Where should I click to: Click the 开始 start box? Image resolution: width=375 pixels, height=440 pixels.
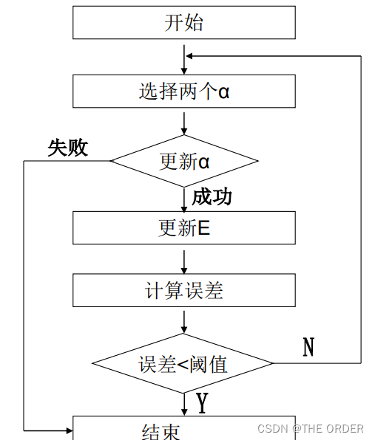pos(183,23)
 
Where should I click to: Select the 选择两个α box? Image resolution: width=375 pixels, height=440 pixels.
pos(183,92)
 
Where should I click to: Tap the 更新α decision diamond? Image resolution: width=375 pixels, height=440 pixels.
pos(183,161)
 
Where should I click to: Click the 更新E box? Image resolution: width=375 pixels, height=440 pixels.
pos(183,228)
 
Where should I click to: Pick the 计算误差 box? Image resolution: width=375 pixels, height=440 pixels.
pos(183,290)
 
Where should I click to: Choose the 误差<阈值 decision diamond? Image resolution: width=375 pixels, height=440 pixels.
pos(183,363)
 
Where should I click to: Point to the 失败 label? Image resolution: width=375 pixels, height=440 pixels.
pos(68,148)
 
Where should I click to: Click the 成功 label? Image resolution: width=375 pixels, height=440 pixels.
pos(212,196)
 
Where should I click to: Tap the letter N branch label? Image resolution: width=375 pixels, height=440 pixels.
pos(308,347)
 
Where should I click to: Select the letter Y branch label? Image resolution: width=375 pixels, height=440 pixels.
pos(201,403)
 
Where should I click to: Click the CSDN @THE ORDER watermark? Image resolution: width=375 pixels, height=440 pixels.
pos(310,429)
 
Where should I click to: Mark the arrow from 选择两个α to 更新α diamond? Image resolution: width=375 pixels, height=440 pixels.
pos(183,121)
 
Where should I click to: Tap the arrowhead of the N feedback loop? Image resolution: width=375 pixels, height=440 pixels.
pos(190,55)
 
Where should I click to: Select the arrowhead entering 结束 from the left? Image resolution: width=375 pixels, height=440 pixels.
pos(68,429)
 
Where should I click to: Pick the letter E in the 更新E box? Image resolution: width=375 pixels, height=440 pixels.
pos(204,228)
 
